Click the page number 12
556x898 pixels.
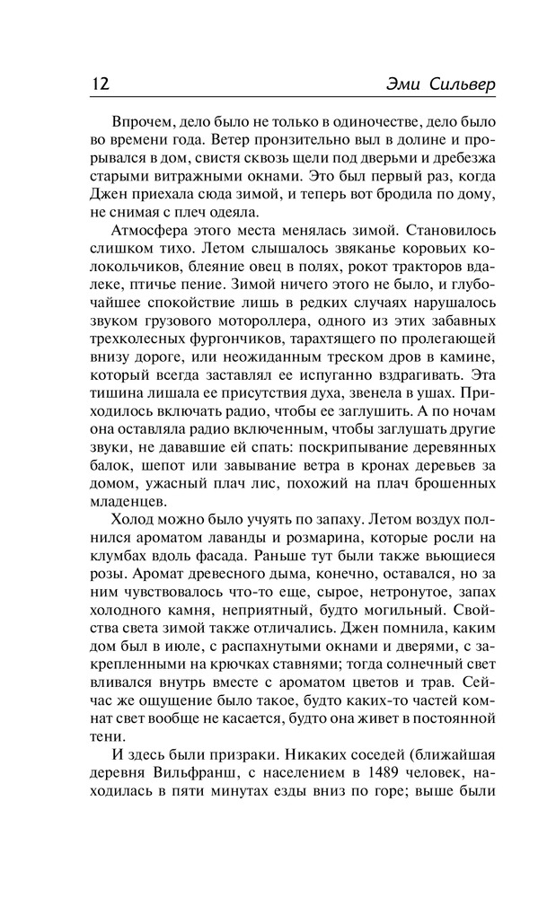click(x=100, y=84)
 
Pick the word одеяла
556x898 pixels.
click(x=228, y=213)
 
